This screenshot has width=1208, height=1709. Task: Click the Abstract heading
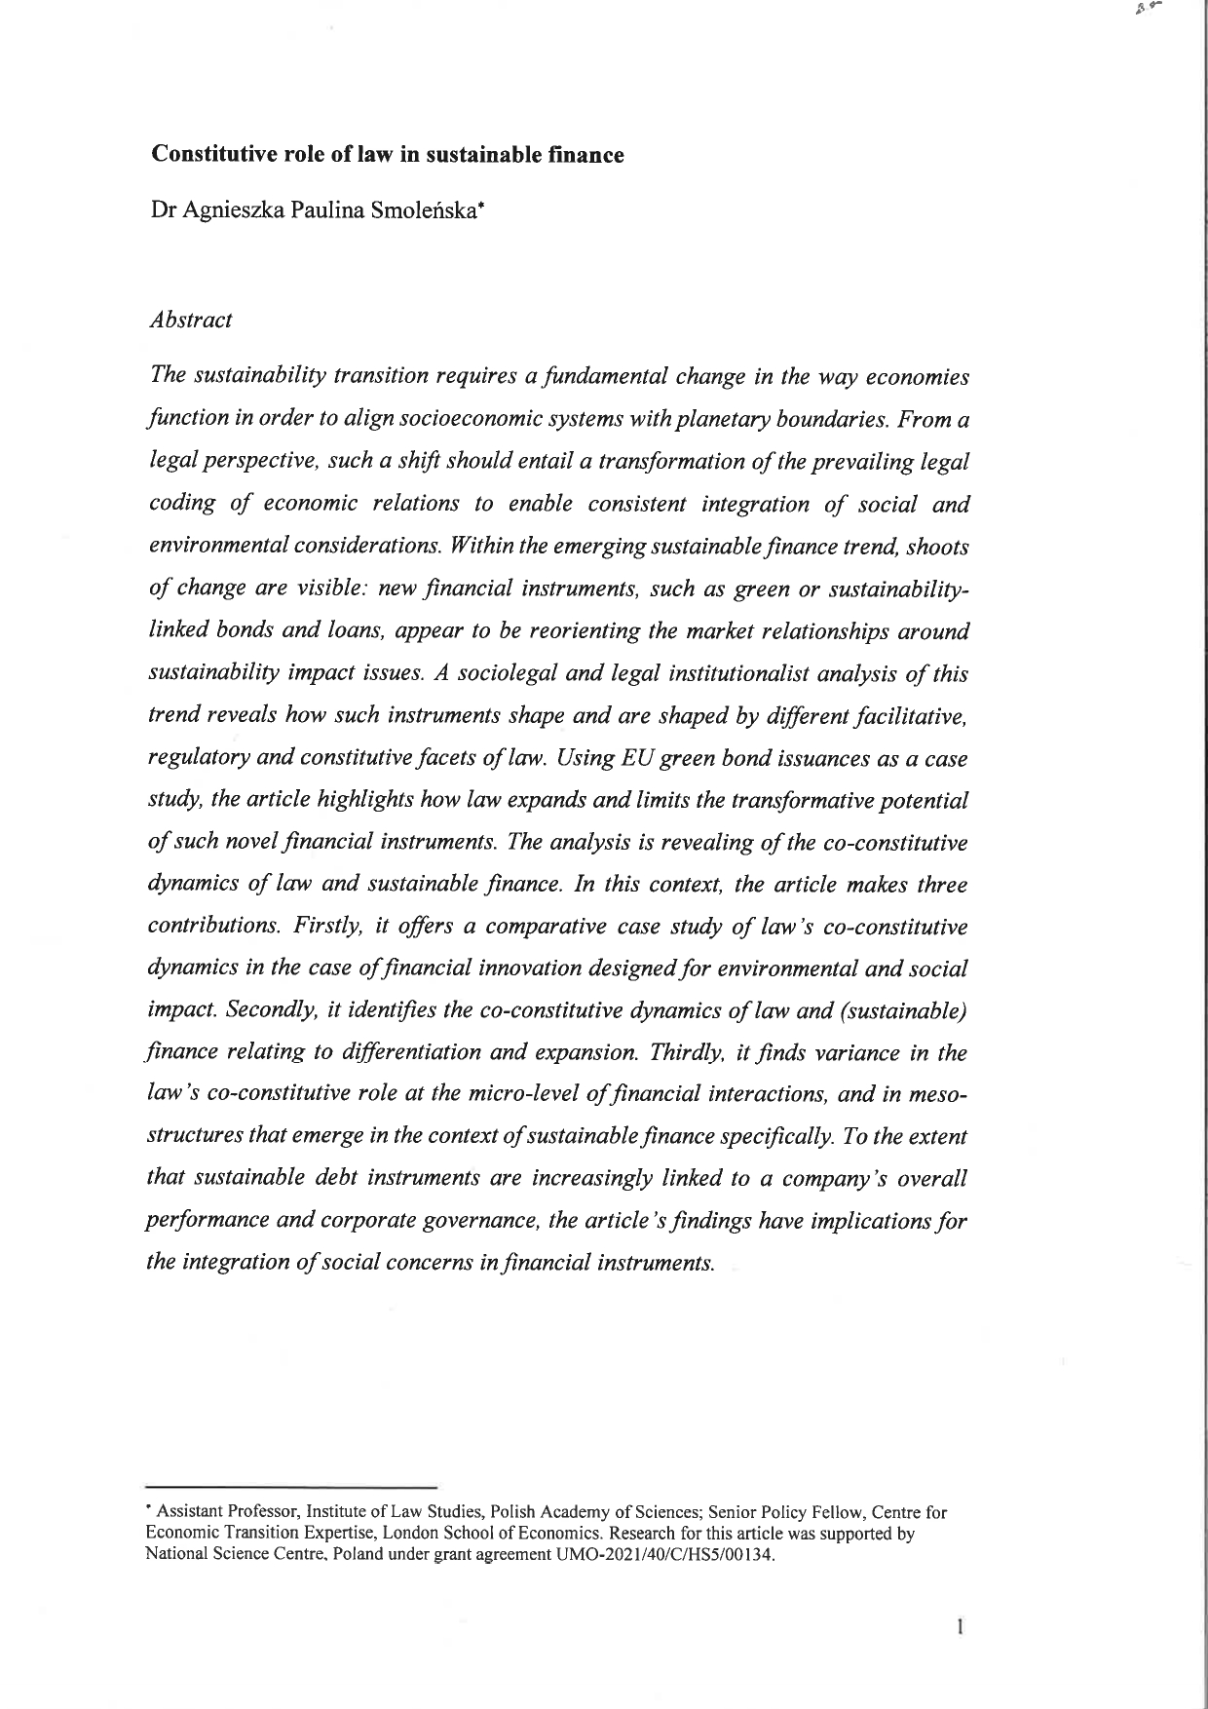pyautogui.click(x=190, y=320)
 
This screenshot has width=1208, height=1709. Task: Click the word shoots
pyautogui.click(x=936, y=547)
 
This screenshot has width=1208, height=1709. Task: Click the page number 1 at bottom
pyautogui.click(x=961, y=1626)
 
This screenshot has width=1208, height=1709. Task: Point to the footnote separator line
pyautogui.click(x=289, y=1488)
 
